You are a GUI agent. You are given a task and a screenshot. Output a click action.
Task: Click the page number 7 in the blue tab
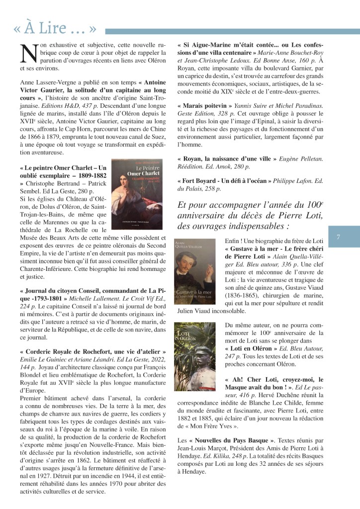click(x=338, y=238)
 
